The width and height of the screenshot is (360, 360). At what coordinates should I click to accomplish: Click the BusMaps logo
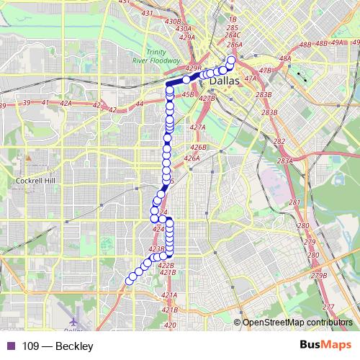326,346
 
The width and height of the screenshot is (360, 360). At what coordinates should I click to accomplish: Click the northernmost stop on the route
231,60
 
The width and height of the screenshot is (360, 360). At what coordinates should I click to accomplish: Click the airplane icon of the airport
76,318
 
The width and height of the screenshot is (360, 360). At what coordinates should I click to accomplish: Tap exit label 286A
234,45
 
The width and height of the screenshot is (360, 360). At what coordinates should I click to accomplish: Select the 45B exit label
189,94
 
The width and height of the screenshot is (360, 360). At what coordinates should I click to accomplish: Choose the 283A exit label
285,161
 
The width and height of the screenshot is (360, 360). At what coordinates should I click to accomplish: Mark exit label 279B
319,276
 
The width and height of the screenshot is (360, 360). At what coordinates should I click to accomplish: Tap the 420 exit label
170,325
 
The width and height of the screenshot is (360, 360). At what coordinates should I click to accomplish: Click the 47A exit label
251,78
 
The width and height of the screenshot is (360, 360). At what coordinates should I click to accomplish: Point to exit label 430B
173,22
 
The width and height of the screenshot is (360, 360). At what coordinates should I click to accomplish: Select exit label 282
279,142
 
